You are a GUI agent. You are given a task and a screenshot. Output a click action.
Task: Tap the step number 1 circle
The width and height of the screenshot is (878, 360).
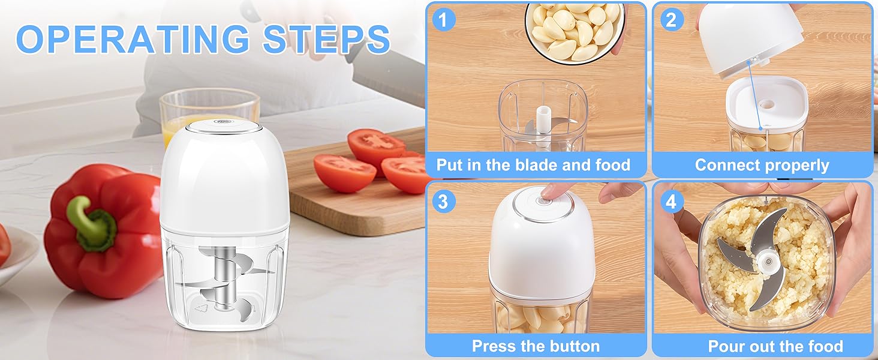[x=443, y=20]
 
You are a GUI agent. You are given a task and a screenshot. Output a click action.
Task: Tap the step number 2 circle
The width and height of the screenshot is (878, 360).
[x=671, y=20]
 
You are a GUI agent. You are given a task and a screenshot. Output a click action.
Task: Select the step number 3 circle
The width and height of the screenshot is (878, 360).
[x=443, y=201]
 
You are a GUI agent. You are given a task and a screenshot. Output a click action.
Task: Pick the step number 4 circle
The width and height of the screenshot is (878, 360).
[x=671, y=201]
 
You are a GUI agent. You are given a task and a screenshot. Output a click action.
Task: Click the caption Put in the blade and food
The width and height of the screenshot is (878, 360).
[x=533, y=165]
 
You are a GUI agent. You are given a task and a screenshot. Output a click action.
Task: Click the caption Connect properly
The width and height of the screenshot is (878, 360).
[x=762, y=165]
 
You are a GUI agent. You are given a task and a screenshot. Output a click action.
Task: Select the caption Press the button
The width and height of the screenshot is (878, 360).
[x=536, y=346]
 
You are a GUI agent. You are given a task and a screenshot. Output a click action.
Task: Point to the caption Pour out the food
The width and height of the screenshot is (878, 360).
[x=775, y=346]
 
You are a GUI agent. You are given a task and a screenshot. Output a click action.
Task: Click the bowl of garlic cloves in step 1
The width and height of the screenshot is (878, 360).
[x=575, y=30]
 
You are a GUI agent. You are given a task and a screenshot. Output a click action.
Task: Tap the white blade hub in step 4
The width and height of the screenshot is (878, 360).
[x=765, y=261]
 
